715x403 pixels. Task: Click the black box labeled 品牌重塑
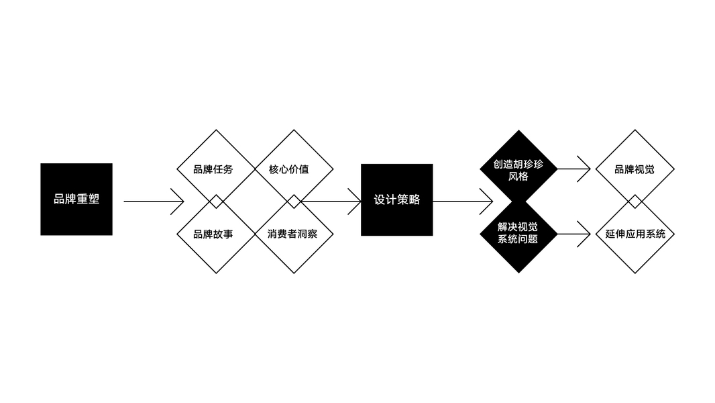click(76, 199)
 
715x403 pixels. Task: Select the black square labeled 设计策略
click(396, 200)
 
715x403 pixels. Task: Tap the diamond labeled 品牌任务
click(216, 169)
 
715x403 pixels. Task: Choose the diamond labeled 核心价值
click(294, 169)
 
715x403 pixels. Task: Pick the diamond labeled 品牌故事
click(216, 234)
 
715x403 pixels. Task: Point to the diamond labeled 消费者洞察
click(294, 234)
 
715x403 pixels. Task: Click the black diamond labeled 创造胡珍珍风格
click(518, 169)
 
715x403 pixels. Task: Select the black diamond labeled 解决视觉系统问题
click(518, 234)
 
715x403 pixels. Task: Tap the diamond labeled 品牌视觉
click(635, 169)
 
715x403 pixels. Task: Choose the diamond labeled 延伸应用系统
click(635, 234)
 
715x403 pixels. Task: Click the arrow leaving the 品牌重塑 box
click(154, 201)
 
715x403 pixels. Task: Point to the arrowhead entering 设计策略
click(355, 201)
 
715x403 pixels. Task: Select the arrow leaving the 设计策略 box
click(463, 201)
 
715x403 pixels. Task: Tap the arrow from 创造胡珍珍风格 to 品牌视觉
click(574, 169)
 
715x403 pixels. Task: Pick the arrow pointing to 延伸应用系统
click(574, 234)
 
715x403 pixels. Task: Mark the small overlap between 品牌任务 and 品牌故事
click(216, 201)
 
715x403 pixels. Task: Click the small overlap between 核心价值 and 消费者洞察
click(294, 201)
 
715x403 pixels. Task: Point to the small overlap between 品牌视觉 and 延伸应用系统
click(635, 201)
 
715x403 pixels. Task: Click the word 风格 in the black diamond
click(518, 176)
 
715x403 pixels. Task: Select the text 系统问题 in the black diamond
click(518, 239)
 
